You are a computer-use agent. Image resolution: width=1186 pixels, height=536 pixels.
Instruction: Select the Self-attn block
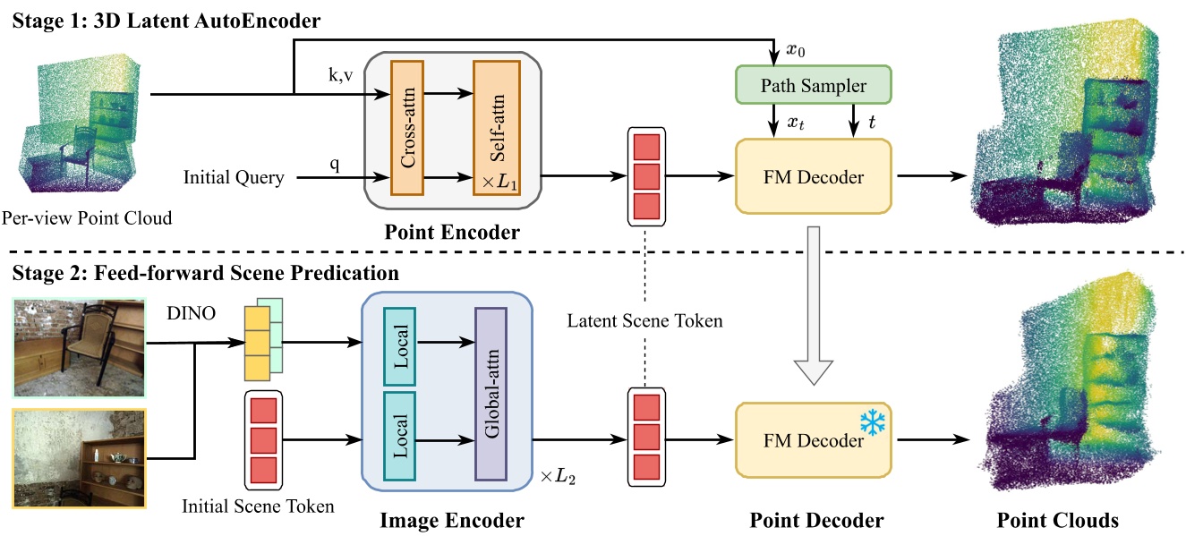tap(490, 127)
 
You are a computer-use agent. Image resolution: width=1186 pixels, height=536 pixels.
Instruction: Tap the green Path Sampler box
tap(814, 87)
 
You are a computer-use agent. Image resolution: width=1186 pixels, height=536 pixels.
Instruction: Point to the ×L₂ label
tap(557, 477)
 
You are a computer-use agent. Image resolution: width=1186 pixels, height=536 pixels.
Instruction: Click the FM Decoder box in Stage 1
tap(813, 176)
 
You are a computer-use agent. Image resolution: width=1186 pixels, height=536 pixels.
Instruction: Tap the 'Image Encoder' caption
tap(452, 520)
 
